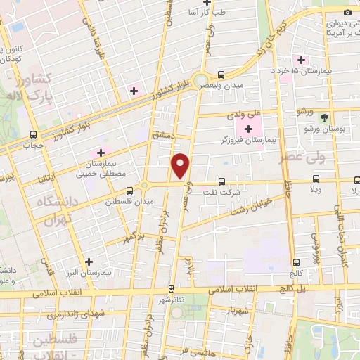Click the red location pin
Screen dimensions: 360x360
point(181,165)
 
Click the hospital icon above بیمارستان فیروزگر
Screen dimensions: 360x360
point(247,129)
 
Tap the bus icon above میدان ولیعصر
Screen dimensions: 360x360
point(221,75)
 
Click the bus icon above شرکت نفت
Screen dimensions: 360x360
point(222,181)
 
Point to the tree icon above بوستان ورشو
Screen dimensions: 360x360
point(324,118)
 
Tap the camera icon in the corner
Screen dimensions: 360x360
point(346,13)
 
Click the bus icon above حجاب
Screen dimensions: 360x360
point(33,136)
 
